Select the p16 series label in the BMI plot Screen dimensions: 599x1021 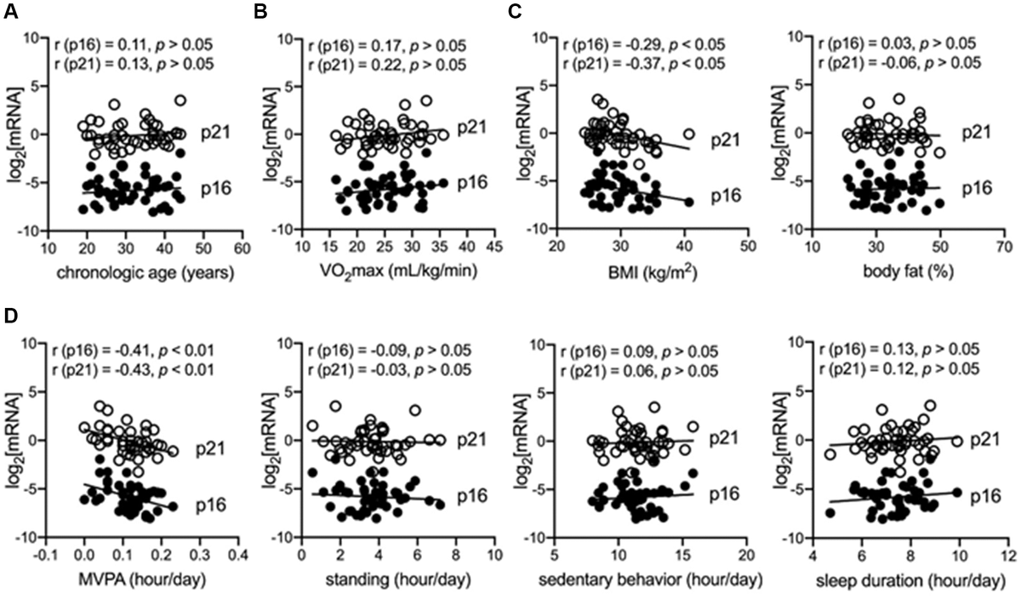727,197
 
